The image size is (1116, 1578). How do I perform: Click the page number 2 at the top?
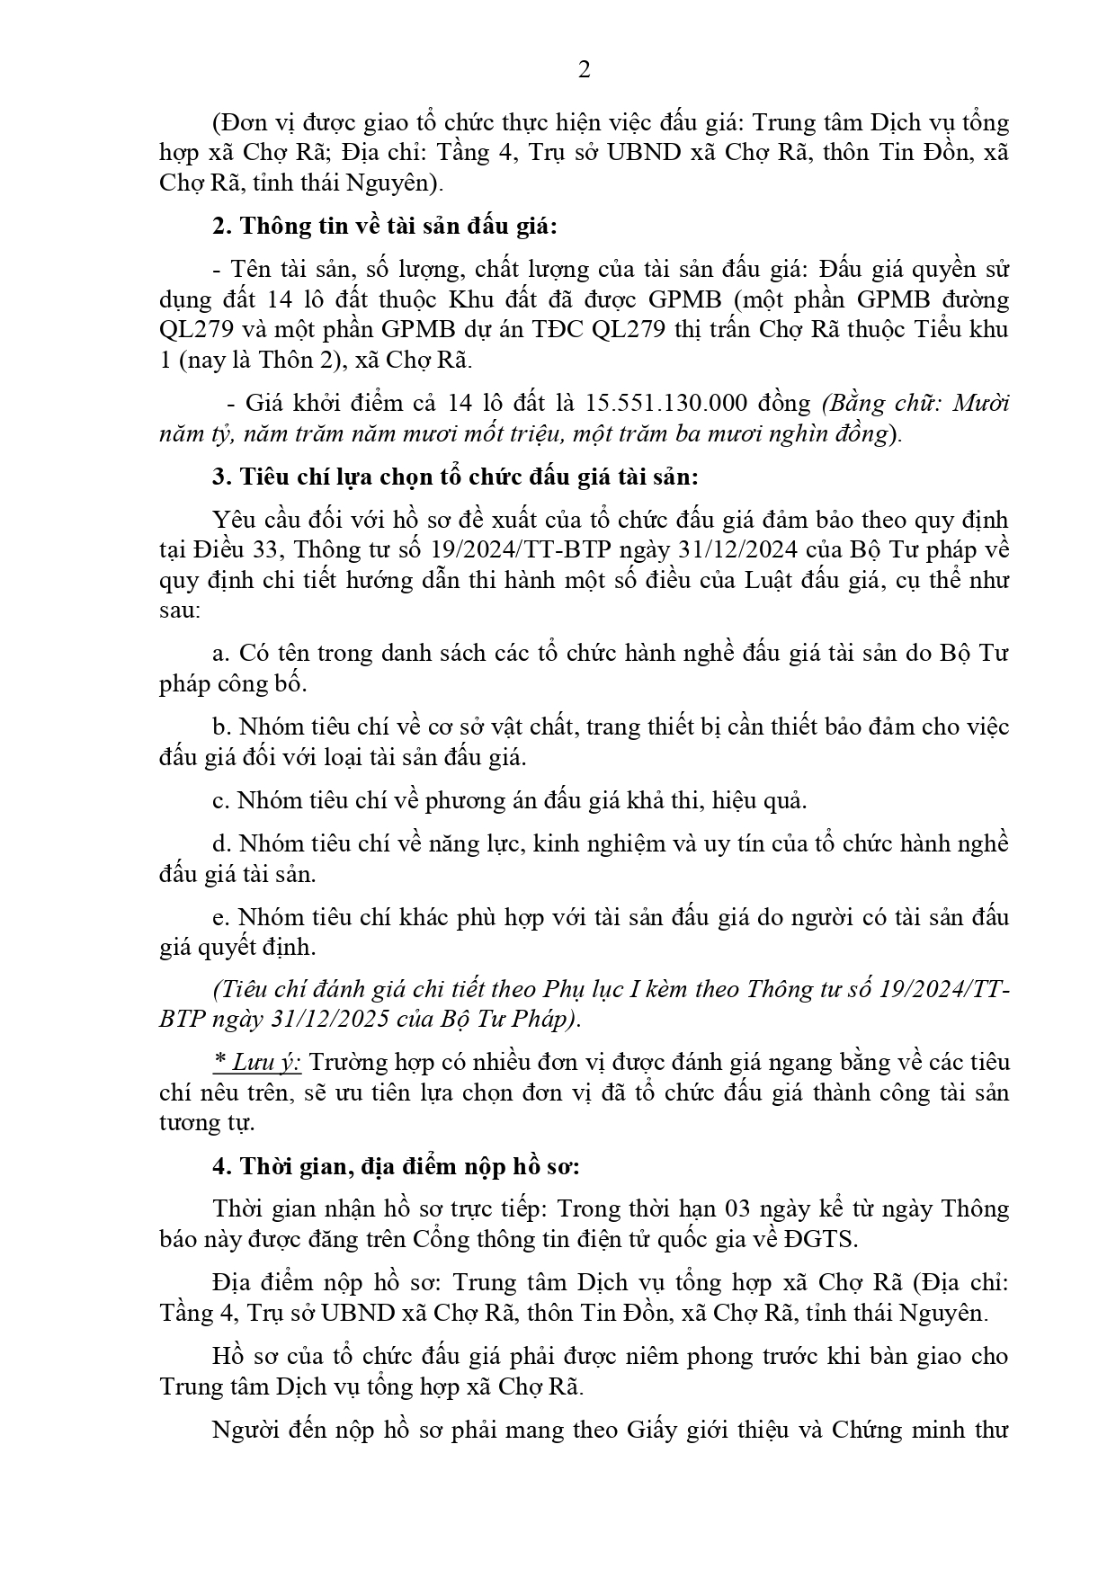[x=584, y=70]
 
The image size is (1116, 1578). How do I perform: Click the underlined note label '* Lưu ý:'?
[x=257, y=1063]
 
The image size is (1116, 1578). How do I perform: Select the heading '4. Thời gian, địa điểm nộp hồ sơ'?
[x=396, y=1167]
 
